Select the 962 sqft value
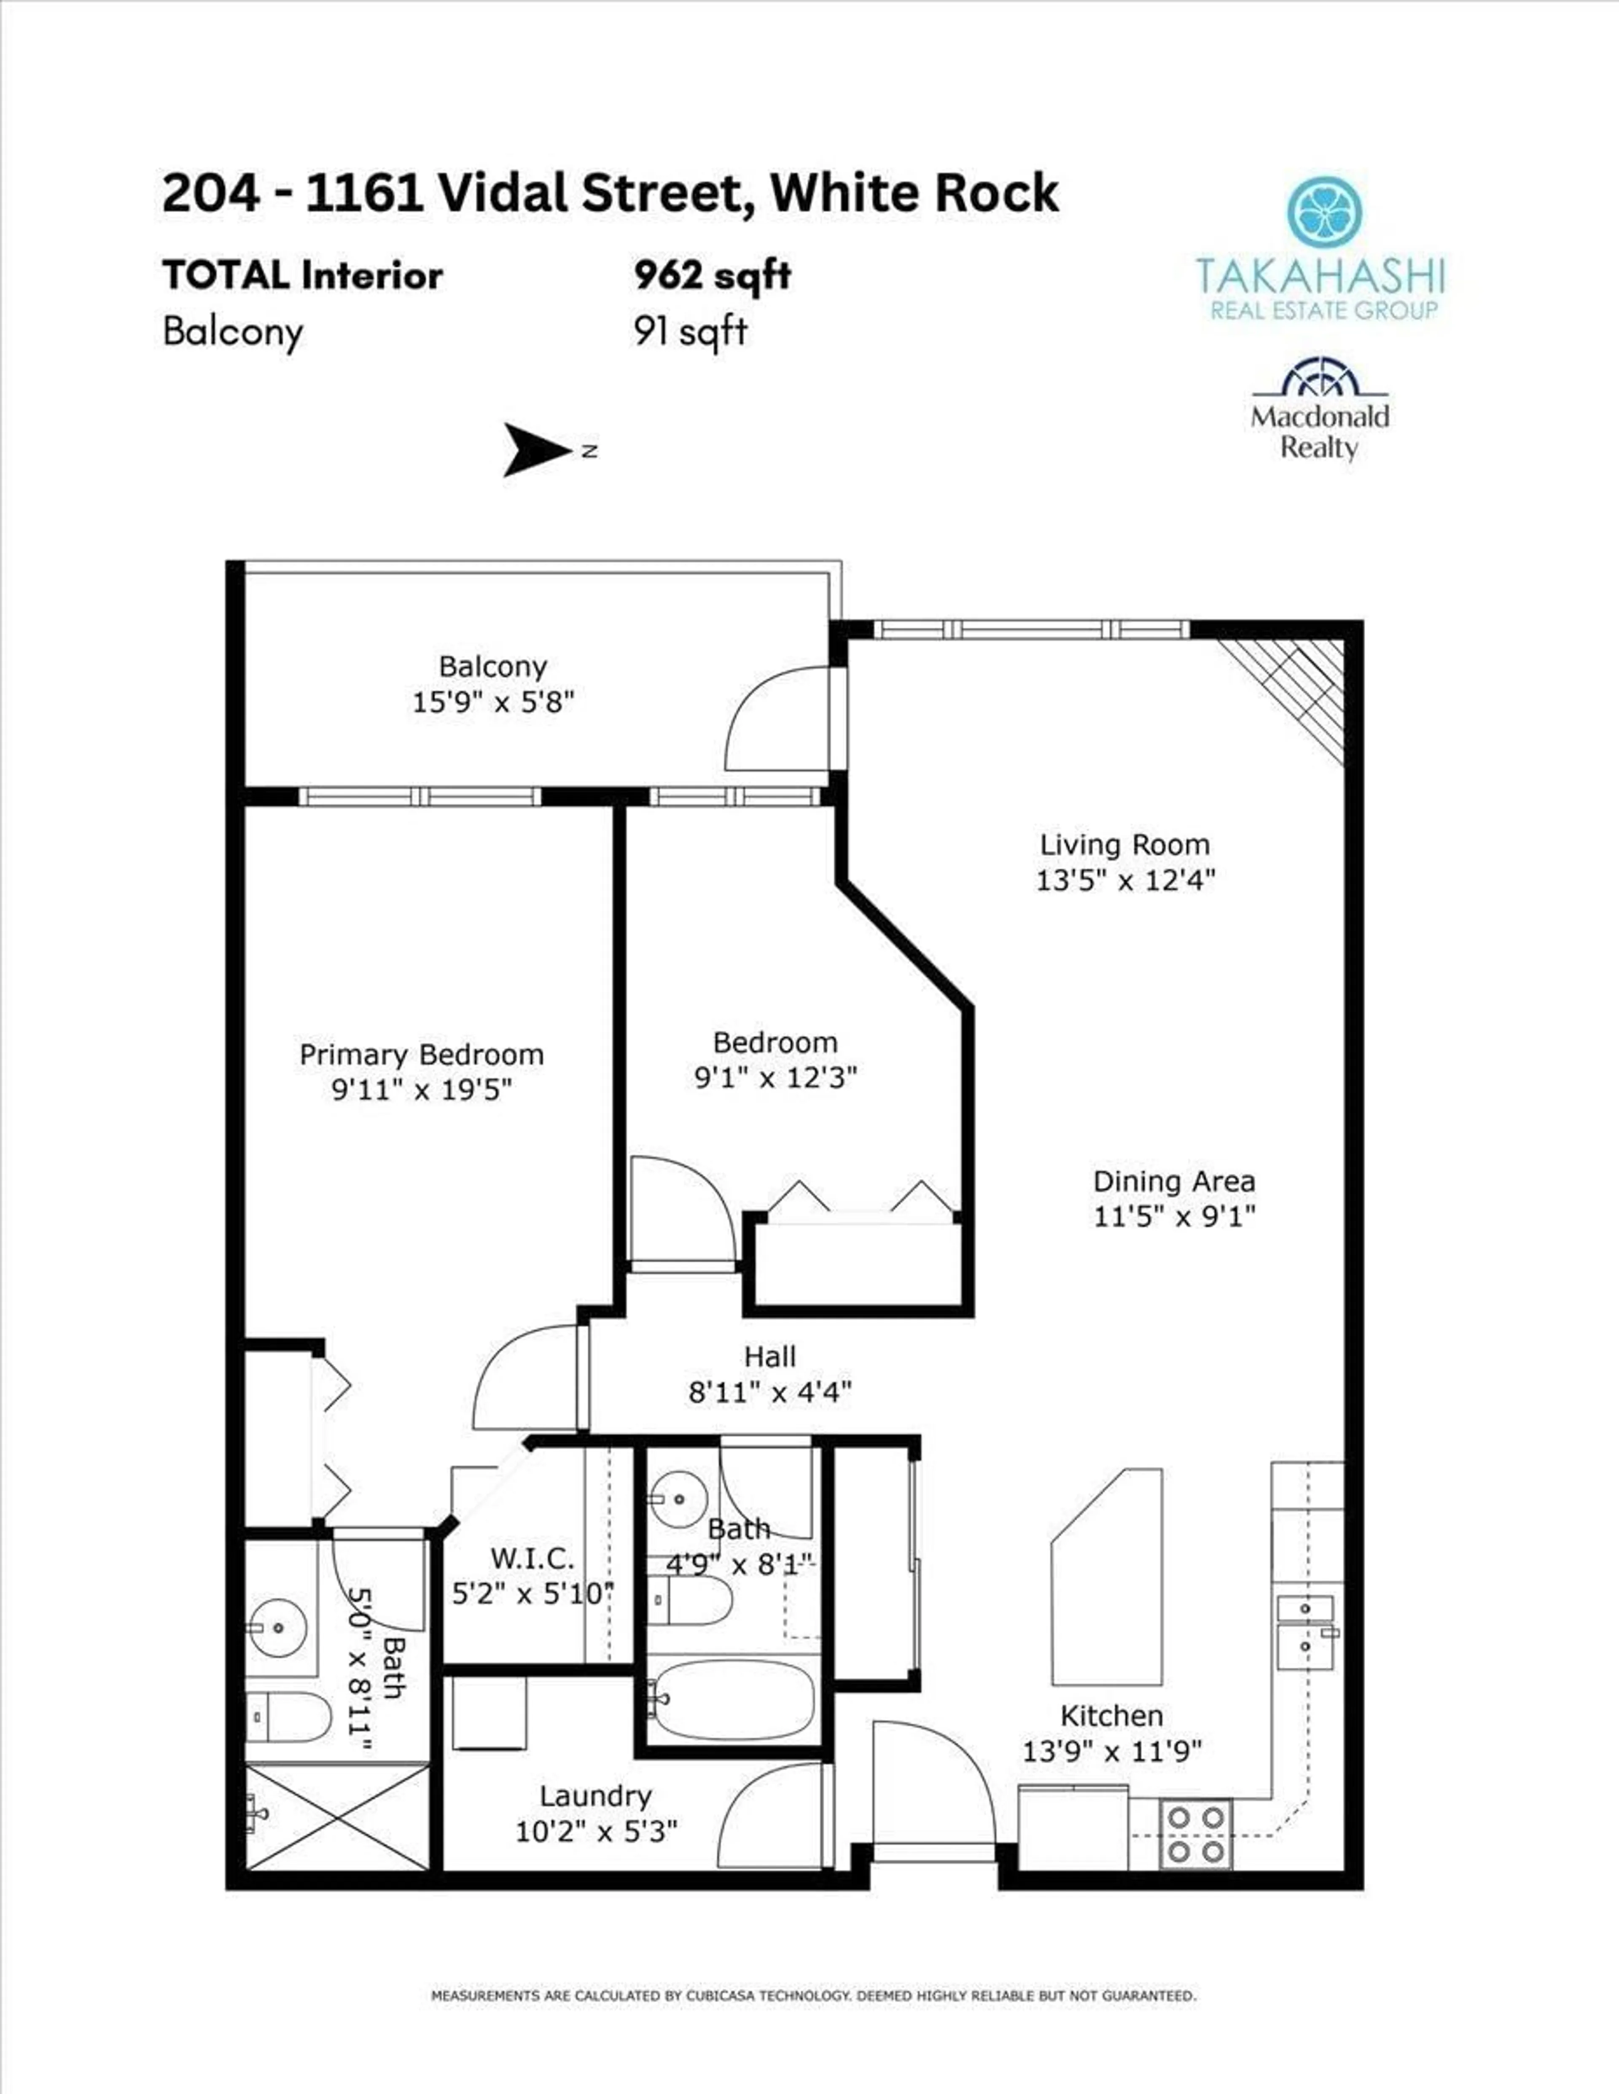click(x=712, y=276)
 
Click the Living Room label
click(x=1124, y=845)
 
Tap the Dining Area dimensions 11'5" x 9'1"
click(x=1174, y=1216)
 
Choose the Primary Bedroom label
click(x=422, y=1055)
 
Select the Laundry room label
click(x=595, y=1796)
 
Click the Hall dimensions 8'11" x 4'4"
click(x=770, y=1391)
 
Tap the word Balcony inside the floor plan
click(x=493, y=666)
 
